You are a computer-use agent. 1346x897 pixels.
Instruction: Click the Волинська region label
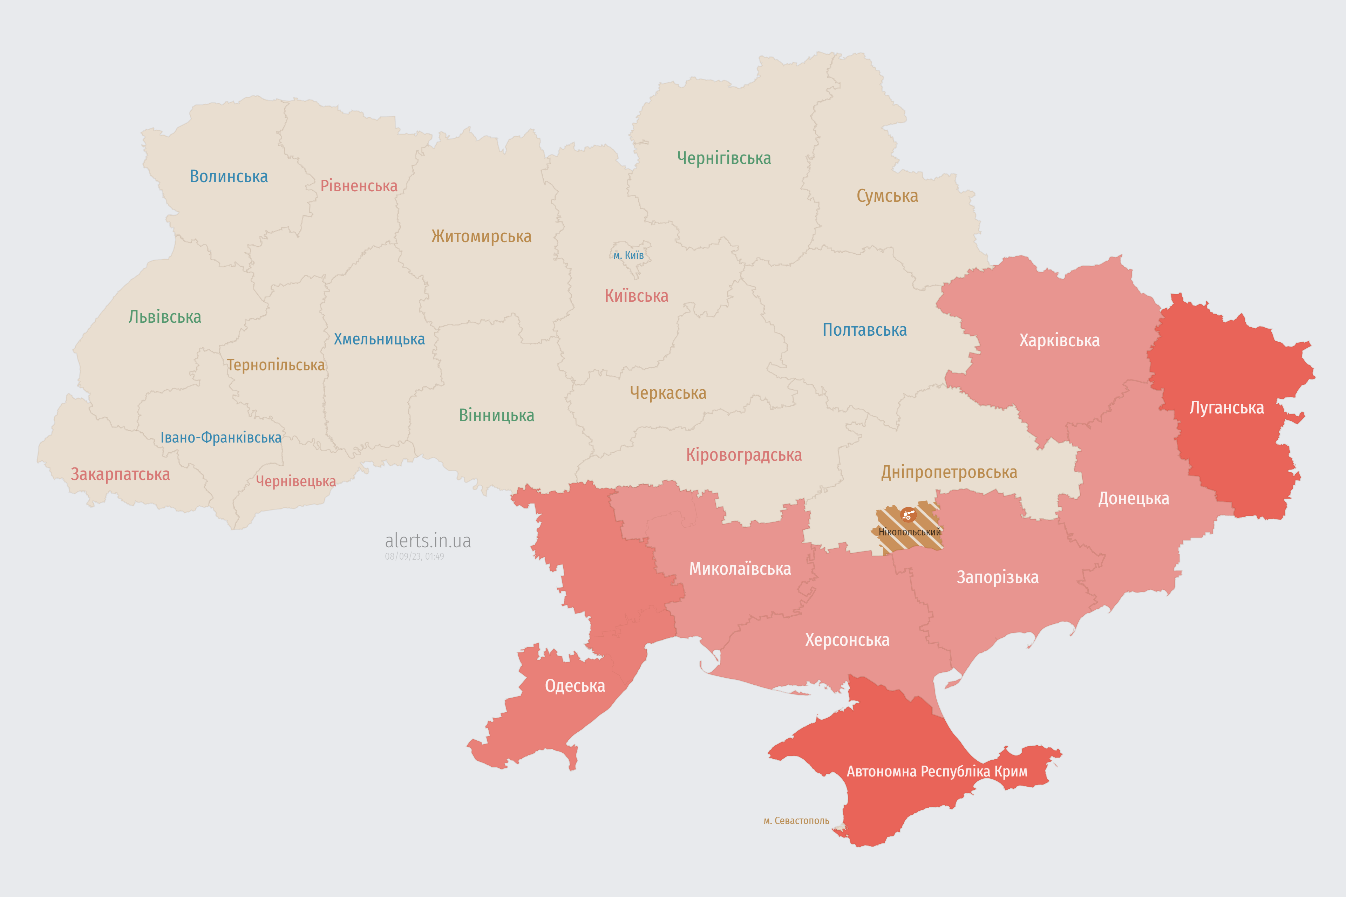pyautogui.click(x=229, y=176)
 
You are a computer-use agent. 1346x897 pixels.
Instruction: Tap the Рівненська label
pyautogui.click(x=359, y=186)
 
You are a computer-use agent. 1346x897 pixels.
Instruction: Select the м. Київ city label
pyautogui.click(x=628, y=255)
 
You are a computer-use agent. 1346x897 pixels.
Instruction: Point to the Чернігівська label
pyautogui.click(x=724, y=158)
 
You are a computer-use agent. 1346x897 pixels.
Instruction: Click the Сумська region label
pyautogui.click(x=887, y=196)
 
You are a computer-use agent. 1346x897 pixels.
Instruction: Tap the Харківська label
pyautogui.click(x=1059, y=340)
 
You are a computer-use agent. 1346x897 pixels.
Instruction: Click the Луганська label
pyautogui.click(x=1226, y=408)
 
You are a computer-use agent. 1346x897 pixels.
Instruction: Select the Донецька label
pyautogui.click(x=1133, y=498)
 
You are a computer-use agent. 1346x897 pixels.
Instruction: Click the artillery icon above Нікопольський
pyautogui.click(x=908, y=515)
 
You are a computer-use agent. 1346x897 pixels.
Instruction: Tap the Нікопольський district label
pyautogui.click(x=909, y=532)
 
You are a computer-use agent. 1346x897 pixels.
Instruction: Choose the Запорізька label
pyautogui.click(x=998, y=577)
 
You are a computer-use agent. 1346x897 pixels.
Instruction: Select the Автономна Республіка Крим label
pyautogui.click(x=937, y=772)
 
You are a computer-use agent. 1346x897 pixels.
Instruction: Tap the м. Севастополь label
pyautogui.click(x=796, y=821)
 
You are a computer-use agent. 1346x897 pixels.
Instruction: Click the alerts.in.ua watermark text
pyautogui.click(x=428, y=541)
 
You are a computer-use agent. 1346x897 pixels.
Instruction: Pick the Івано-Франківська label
pyautogui.click(x=221, y=438)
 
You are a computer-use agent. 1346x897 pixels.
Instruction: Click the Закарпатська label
pyautogui.click(x=120, y=474)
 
